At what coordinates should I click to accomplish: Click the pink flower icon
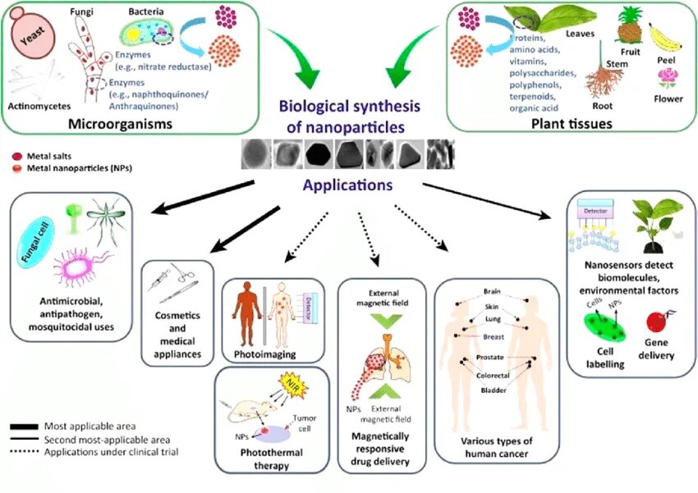(666, 79)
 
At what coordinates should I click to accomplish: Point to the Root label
(603, 106)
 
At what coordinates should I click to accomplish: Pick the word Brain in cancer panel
(493, 290)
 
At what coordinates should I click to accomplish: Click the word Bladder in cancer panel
(493, 390)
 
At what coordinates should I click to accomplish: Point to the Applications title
(347, 185)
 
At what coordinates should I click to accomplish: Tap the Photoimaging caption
(264, 354)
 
